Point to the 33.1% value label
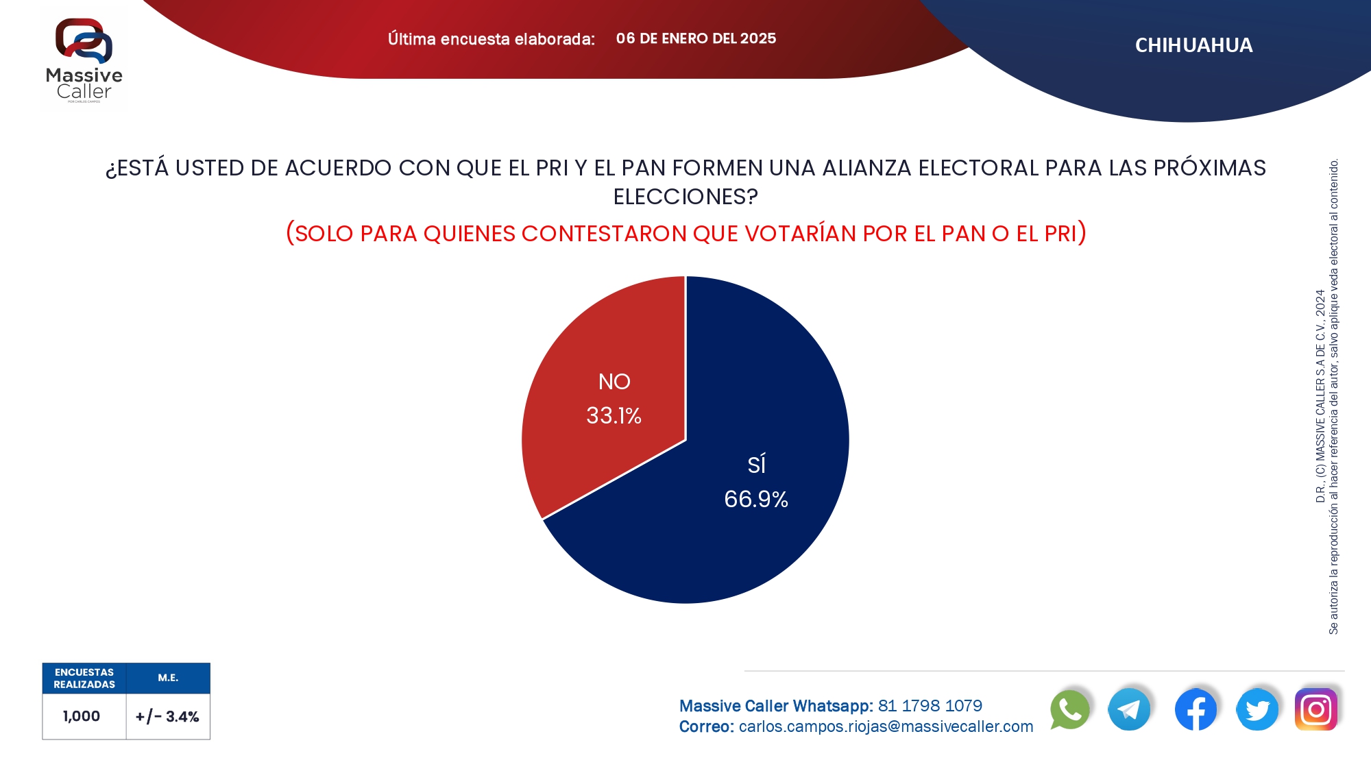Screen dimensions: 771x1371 [614, 416]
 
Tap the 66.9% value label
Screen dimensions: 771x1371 [756, 500]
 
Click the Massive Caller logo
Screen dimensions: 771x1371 [84, 60]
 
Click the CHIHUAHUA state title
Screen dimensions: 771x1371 [1193, 45]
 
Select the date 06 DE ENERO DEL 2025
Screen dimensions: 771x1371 [696, 38]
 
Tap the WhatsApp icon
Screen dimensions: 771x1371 [1069, 709]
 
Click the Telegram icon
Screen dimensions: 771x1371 [1129, 709]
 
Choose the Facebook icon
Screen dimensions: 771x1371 [1196, 709]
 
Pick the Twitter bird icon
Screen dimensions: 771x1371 [1257, 709]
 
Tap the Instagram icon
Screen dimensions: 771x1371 [1316, 709]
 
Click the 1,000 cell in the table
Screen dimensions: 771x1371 [82, 716]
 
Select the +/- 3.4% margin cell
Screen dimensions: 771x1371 [167, 717]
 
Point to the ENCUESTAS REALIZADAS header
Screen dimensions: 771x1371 [84, 678]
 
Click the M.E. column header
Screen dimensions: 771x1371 [168, 678]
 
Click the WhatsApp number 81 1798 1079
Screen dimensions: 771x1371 [930, 706]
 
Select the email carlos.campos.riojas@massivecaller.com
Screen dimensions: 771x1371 [886, 726]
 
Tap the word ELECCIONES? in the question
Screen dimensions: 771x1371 [685, 197]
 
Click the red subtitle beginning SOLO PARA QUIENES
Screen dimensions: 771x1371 [685, 234]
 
